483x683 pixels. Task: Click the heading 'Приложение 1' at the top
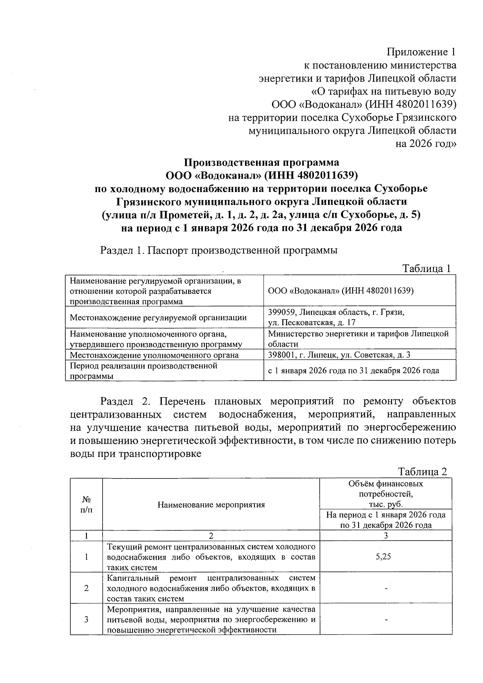[421, 52]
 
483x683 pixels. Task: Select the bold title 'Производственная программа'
[262, 163]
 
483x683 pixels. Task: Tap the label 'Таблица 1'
[427, 269]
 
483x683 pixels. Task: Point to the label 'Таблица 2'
[422, 472]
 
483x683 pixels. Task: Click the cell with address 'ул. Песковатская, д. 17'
[312, 322]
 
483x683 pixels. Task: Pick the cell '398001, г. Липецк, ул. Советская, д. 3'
[339, 355]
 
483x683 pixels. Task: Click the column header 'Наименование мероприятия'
[211, 505]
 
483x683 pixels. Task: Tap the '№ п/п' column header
[86, 505]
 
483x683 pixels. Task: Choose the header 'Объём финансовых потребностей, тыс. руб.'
[386, 494]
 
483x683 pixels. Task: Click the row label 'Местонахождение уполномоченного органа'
[154, 355]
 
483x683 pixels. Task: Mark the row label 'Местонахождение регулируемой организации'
[158, 318]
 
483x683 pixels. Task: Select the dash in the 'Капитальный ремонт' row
[386, 588]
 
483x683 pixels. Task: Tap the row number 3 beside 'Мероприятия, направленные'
[86, 619]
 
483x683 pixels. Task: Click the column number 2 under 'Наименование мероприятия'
[211, 536]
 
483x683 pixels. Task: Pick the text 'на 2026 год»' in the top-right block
[426, 144]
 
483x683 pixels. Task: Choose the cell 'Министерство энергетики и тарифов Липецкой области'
[358, 338]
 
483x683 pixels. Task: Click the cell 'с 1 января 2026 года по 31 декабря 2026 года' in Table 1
[353, 371]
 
